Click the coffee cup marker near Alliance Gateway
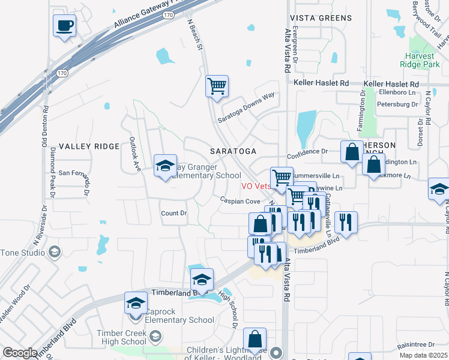click(65, 26)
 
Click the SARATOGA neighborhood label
click(233, 151)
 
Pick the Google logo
click(20, 353)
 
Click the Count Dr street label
click(174, 213)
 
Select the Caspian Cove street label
click(239, 202)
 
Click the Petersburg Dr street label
click(397, 104)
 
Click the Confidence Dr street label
click(307, 152)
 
